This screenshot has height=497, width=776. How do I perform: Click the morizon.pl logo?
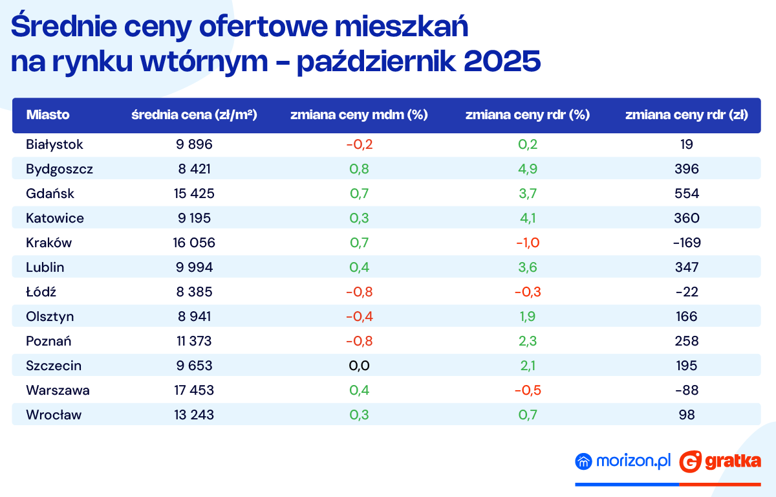623,461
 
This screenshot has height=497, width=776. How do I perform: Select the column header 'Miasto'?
48,115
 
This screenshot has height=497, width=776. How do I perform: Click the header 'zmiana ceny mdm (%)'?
359,115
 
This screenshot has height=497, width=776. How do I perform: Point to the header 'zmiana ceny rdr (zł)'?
687,115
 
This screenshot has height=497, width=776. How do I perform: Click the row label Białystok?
55,144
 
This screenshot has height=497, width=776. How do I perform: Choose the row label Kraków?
49,243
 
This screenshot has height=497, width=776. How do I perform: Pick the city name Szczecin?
54,366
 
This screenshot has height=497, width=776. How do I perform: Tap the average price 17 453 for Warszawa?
194,390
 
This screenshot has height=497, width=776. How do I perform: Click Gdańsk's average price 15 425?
194,193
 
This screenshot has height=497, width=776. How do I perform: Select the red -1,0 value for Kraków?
527,243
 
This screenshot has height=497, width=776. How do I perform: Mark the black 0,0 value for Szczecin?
359,366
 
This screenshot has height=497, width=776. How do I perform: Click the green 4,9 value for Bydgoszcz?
527,169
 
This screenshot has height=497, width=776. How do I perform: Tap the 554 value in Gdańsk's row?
687,193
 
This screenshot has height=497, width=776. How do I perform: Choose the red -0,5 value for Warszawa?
527,390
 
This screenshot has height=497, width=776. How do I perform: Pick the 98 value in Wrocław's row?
687,415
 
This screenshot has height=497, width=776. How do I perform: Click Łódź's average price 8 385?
194,292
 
